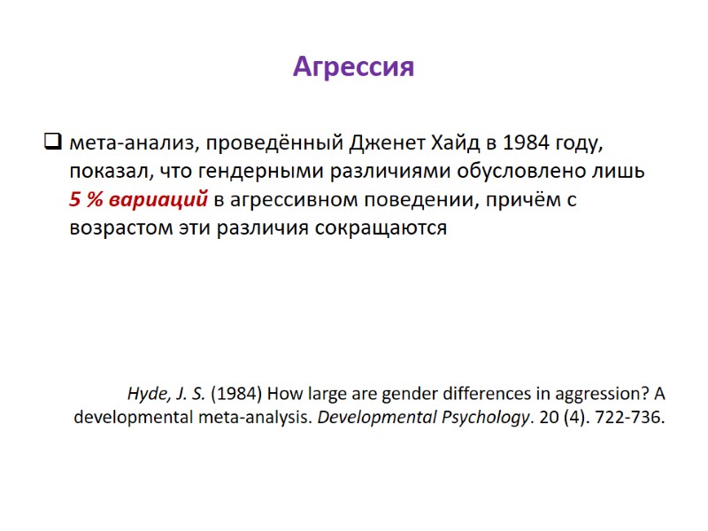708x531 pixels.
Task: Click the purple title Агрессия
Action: tap(353, 66)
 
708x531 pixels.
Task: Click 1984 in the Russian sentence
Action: tap(525, 142)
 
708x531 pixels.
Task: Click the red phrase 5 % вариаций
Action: tap(138, 199)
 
